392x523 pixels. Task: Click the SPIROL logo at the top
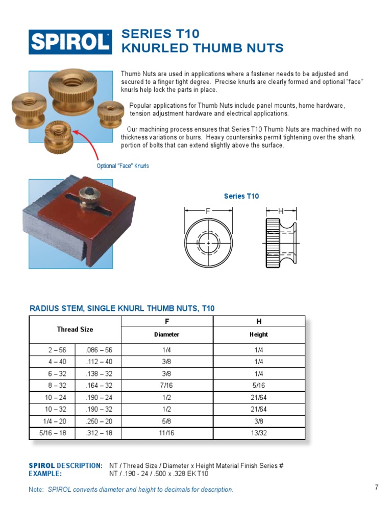coord(70,41)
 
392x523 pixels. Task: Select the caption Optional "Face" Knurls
coord(123,166)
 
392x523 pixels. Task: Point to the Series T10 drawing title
coord(241,196)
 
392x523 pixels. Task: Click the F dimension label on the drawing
coord(208,210)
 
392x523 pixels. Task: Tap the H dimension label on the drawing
coord(280,210)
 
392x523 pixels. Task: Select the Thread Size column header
coord(75,329)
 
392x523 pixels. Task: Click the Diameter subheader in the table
coord(167,335)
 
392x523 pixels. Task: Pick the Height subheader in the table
coord(259,335)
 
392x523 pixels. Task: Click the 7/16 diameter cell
coord(167,386)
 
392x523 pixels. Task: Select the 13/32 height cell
coord(259,433)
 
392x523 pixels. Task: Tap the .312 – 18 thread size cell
coord(98,433)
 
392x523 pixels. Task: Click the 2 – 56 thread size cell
coord(53,350)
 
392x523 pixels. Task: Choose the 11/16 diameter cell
coord(167,433)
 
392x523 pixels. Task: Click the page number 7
coord(377,487)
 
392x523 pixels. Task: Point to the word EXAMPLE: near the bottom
coord(45,473)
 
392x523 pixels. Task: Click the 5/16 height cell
coord(259,386)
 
